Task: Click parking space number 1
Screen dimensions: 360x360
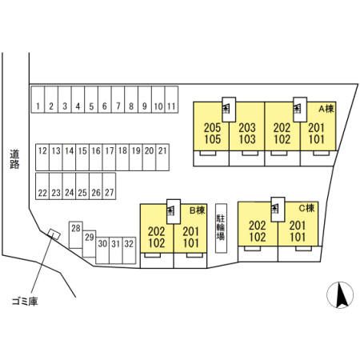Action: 38,99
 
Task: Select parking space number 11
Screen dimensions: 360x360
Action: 171,99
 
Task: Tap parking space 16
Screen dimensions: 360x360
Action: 96,158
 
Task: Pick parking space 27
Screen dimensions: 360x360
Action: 109,186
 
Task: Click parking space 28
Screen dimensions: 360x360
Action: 76,234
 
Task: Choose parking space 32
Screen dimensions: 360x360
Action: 129,250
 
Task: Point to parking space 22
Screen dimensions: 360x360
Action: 42,186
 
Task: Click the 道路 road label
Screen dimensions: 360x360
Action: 14,159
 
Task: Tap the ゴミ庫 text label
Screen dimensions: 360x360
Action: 25,302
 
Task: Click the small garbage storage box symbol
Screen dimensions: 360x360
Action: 54,234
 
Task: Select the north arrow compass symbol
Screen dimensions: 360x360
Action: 340,295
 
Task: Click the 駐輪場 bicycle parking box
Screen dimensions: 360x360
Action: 221,228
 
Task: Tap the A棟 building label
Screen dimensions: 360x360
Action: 326,109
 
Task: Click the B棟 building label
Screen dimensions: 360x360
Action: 197,210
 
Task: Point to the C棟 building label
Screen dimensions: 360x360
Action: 307,208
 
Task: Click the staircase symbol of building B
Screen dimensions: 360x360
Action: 174,212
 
